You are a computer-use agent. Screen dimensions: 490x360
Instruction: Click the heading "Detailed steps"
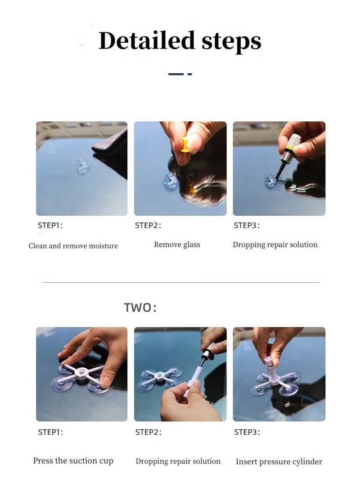coord(180,41)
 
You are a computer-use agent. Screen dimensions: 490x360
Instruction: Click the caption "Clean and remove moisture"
coord(73,246)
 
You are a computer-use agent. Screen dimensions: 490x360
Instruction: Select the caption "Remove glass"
coord(177,245)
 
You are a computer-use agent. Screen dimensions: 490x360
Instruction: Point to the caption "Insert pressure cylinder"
coord(279,462)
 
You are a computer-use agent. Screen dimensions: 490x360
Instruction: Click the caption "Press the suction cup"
coord(73,461)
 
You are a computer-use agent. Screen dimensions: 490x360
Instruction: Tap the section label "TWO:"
coord(140,308)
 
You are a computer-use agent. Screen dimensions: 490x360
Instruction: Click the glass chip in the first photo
coord(83,166)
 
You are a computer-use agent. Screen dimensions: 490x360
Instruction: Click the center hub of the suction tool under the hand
coord(81,373)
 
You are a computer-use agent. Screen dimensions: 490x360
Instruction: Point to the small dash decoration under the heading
coord(180,74)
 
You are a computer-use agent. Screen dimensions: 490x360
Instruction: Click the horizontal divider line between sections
coord(180,283)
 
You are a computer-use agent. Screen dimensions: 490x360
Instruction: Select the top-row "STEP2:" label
coord(148,226)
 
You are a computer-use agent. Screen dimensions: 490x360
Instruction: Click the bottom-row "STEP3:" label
coord(247,432)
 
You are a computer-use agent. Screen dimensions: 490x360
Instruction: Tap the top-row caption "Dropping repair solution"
coord(275,245)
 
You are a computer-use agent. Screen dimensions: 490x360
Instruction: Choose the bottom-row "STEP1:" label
coord(50,432)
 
